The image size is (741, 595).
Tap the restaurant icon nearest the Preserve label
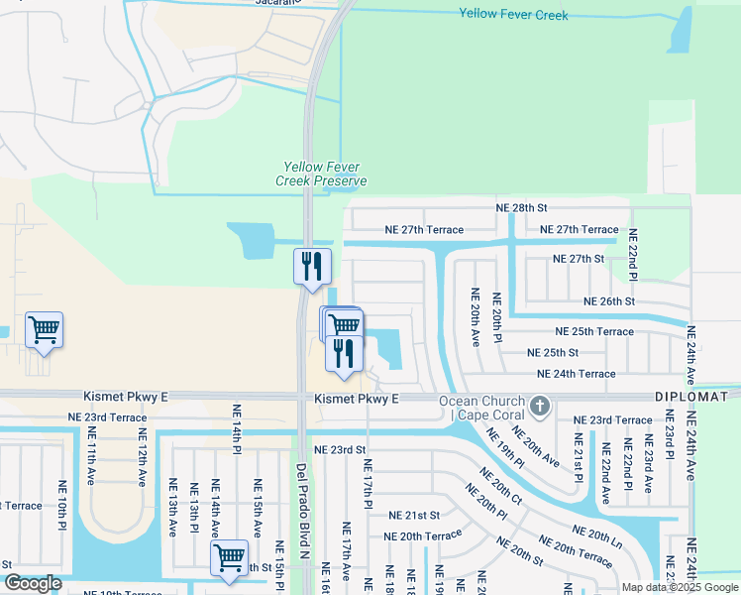[312, 267]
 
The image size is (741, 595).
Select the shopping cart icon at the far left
[44, 330]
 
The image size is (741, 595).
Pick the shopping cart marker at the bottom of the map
[229, 557]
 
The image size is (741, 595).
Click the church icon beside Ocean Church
[539, 406]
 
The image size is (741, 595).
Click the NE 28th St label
[521, 208]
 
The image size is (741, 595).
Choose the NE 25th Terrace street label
[594, 331]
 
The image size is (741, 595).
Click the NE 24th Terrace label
[576, 374]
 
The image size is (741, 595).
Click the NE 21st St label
[413, 516]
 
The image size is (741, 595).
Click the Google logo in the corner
[33, 583]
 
